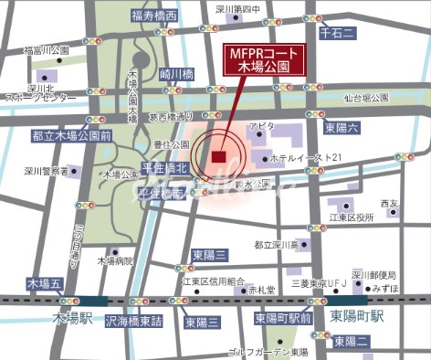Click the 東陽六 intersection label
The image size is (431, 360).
(x=341, y=126)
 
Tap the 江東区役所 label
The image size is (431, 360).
(x=352, y=217)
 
